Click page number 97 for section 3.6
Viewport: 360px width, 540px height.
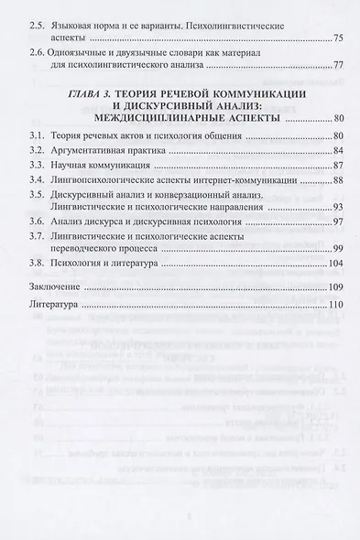(x=337, y=279)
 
